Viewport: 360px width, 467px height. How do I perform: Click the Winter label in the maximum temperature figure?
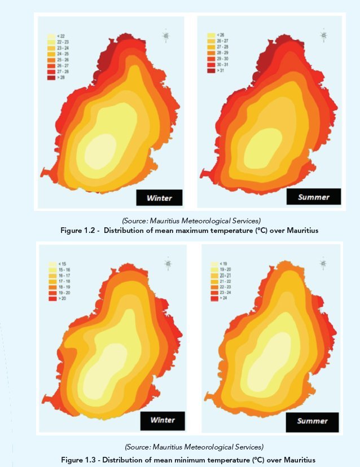point(159,197)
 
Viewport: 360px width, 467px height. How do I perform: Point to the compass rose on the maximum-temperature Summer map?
point(323,36)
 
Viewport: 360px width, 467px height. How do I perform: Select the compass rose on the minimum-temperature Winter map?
point(168,263)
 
